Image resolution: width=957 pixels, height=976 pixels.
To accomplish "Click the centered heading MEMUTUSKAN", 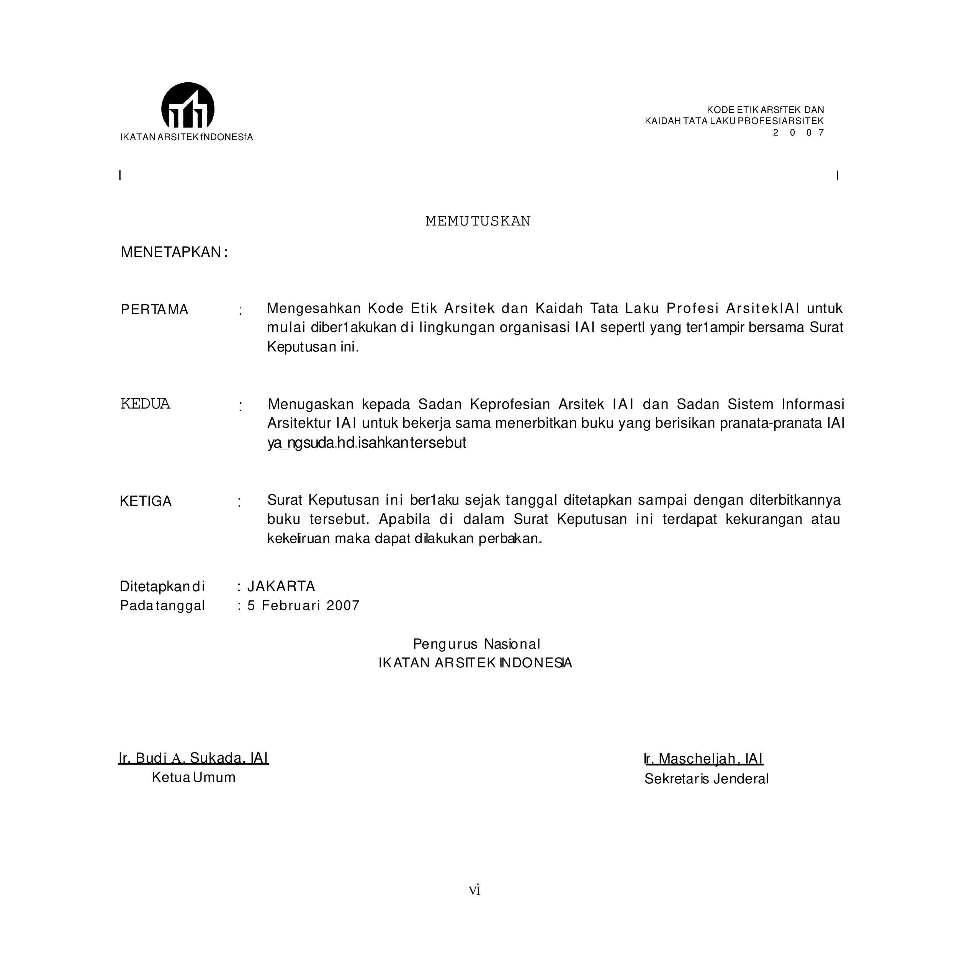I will [x=478, y=221].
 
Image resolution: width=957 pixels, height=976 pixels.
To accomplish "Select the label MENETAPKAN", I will [x=174, y=252].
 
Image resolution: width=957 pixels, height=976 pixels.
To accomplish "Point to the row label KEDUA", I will [x=145, y=404].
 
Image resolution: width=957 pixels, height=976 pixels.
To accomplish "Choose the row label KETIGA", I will [x=146, y=501].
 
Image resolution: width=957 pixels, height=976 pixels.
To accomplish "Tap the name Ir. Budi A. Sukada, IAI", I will [x=193, y=758].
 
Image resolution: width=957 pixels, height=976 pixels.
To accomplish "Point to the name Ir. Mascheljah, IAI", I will [x=704, y=759].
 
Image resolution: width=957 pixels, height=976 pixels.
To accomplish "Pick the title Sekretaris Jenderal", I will [x=706, y=779].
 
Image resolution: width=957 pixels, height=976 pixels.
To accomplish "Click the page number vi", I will [x=474, y=891].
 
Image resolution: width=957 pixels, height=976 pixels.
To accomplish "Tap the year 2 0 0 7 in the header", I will [x=798, y=133].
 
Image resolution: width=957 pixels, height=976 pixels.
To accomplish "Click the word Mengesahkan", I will [x=314, y=308].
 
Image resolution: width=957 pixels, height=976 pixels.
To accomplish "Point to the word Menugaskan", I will [x=311, y=404].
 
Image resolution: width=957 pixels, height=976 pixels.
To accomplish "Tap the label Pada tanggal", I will [x=162, y=606].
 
